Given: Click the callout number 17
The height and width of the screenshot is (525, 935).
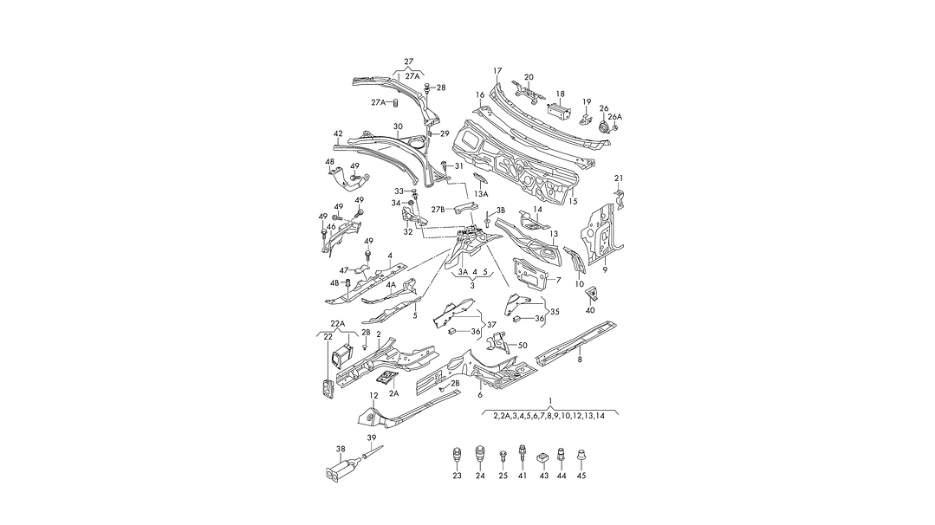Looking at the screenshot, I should [497, 70].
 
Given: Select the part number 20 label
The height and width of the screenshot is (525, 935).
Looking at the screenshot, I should [529, 77].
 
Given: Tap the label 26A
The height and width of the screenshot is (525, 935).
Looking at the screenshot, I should [614, 117].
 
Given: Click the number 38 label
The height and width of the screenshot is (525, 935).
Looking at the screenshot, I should [341, 449].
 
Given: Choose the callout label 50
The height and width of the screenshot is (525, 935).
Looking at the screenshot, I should [522, 346].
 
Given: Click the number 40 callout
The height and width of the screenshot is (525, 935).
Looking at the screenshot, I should [590, 310].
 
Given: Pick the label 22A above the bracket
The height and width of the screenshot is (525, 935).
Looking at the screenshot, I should [338, 324].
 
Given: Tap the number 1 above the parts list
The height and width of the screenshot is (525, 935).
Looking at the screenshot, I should [549, 402].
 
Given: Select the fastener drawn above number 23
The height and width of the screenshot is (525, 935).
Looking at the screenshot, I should [457, 455].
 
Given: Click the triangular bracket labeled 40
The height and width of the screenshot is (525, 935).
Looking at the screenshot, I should [591, 292].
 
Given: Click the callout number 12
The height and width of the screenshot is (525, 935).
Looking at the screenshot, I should [373, 396].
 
